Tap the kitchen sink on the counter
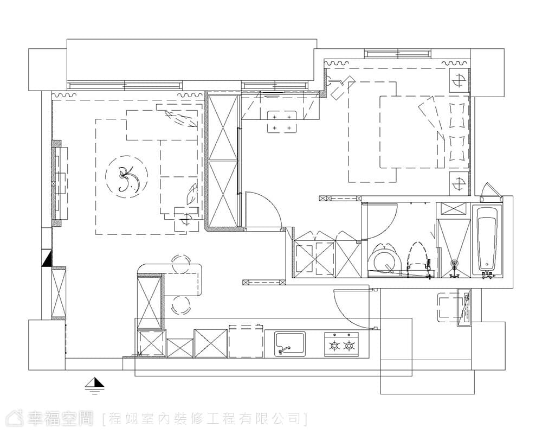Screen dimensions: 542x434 tap(290, 343)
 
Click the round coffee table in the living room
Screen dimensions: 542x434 tap(126, 177)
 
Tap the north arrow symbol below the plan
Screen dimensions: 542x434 tap(95, 386)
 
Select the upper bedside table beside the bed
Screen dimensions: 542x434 tap(459, 80)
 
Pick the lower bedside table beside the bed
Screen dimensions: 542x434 tap(459, 183)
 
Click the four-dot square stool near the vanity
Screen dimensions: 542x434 tap(282, 122)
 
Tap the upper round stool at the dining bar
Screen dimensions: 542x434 tap(181, 264)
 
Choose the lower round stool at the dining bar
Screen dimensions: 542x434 tap(181, 305)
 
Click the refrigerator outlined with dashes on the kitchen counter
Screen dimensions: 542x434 tap(246, 341)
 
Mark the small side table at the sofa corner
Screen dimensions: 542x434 tap(186, 219)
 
